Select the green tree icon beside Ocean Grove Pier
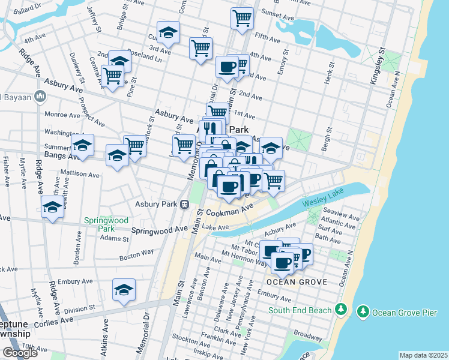[x=363, y=311]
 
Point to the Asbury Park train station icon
[x=185, y=204]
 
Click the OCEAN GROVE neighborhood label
[x=297, y=281]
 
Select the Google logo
[x=20, y=353]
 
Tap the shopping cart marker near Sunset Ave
[x=241, y=17]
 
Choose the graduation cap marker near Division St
[x=124, y=291]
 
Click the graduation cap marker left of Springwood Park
[x=53, y=208]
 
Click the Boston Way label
[x=136, y=254]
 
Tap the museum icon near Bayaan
[x=40, y=95]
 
